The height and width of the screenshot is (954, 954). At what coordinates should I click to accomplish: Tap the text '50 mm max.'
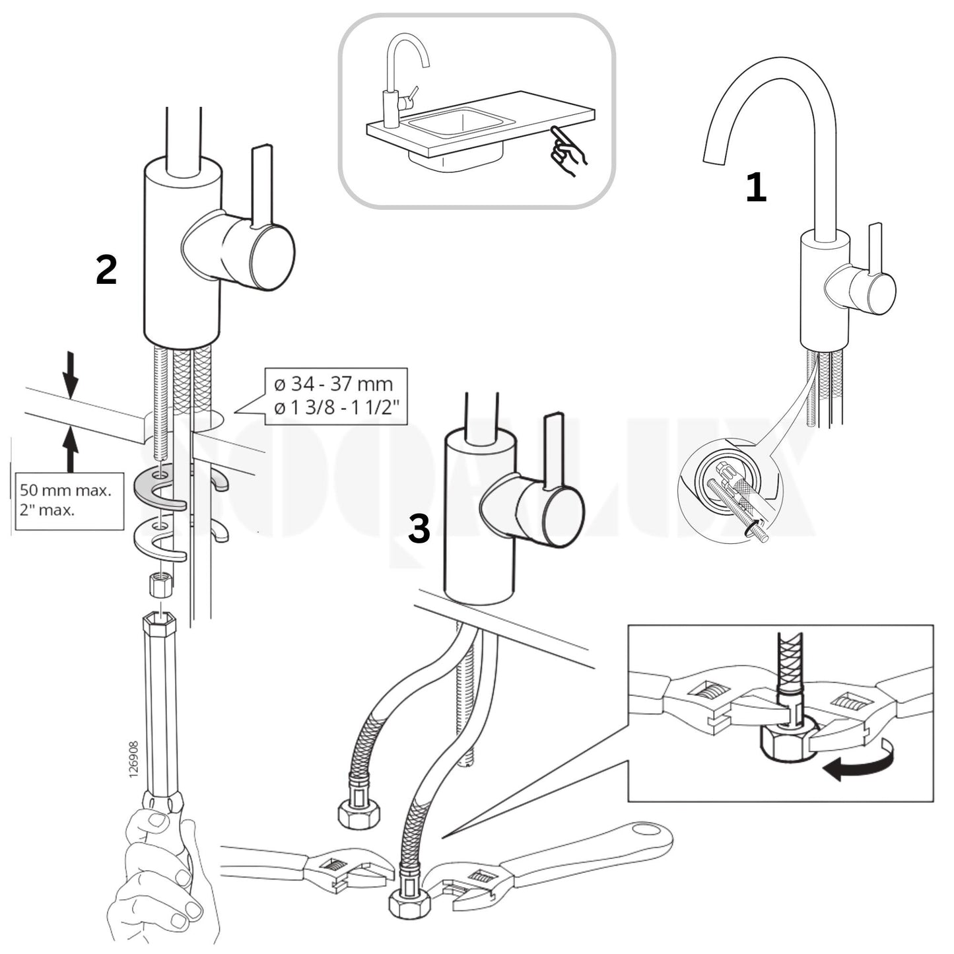[x=65, y=491]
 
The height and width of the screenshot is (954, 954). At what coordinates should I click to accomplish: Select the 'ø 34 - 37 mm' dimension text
[x=333, y=384]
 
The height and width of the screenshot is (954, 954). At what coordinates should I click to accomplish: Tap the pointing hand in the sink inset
[x=566, y=150]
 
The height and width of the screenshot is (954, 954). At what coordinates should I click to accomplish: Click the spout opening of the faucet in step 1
[x=714, y=161]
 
